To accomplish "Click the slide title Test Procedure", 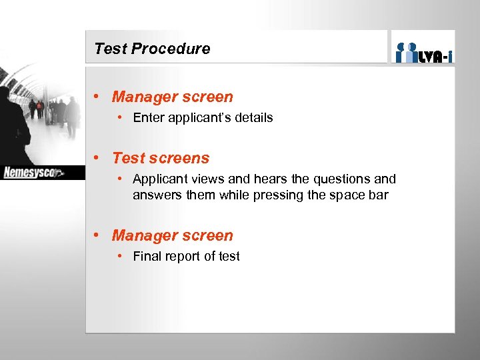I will (152, 49).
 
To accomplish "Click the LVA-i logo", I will (423, 53).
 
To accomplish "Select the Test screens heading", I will (161, 158).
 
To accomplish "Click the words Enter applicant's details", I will (203, 118).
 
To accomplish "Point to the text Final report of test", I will (186, 257).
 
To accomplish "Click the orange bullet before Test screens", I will (97, 158).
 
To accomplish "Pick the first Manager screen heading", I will (172, 97).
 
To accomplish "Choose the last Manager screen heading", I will (172, 235).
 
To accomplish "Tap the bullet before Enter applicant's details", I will (119, 118).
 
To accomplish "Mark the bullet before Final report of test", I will (119, 257).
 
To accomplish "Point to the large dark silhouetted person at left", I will (13, 127).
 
